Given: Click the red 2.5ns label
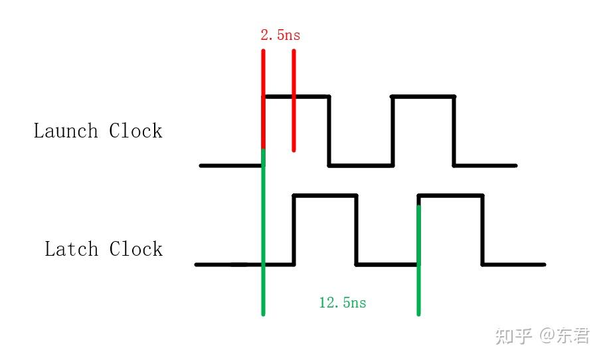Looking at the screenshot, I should pyautogui.click(x=280, y=35).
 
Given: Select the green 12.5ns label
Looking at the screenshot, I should pyautogui.click(x=343, y=303).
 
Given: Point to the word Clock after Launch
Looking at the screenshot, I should pyautogui.click(x=135, y=130).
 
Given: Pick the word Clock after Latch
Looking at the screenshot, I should pyautogui.click(x=135, y=249).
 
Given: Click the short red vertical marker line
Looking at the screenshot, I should pyautogui.click(x=294, y=100).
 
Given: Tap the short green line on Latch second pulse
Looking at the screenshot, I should pyautogui.click(x=418, y=259).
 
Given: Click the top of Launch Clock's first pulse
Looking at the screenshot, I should pyautogui.click(x=296, y=97).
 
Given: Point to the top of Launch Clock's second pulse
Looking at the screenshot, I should pyautogui.click(x=423, y=97).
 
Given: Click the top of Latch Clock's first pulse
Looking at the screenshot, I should pyautogui.click(x=325, y=196).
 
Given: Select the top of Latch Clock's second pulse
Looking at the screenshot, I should pyautogui.click(x=450, y=196).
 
